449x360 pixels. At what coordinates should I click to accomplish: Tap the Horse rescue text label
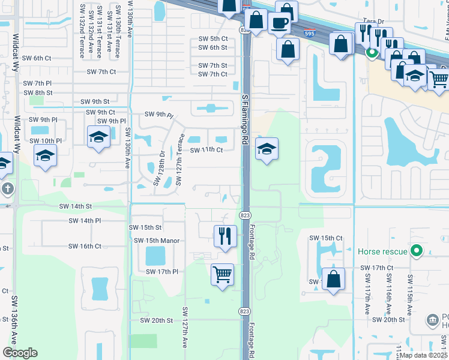382,251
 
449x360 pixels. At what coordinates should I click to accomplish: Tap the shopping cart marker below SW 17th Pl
223,275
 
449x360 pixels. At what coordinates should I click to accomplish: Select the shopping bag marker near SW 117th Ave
333,278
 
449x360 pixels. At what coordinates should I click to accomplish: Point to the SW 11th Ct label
206,150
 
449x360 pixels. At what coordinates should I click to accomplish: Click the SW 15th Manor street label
157,241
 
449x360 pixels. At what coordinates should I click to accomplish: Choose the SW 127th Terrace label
179,158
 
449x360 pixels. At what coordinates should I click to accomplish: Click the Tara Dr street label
373,20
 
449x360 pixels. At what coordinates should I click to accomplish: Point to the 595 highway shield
307,35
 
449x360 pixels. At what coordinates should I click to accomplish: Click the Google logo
20,353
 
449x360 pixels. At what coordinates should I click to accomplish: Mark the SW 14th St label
76,206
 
